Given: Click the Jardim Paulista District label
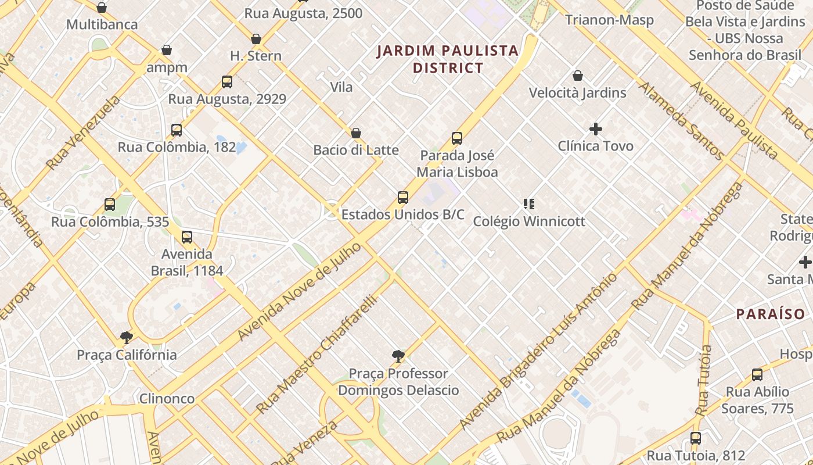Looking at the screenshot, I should (x=447, y=59).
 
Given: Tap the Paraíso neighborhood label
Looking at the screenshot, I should (x=771, y=314).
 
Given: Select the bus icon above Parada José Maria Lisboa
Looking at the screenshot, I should (x=457, y=138).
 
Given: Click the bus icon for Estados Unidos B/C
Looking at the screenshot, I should (x=403, y=198).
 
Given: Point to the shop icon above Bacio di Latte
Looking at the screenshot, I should (x=356, y=133).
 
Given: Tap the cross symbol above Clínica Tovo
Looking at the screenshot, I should (x=596, y=129).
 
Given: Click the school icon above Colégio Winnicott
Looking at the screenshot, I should (x=528, y=204).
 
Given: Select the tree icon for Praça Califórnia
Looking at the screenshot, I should (x=126, y=338).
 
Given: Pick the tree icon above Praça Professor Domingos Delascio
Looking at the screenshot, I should (x=398, y=356).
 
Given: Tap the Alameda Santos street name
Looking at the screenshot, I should (x=681, y=121).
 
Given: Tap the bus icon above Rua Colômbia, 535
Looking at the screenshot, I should (x=110, y=205).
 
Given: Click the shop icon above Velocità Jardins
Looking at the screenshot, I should (x=578, y=76).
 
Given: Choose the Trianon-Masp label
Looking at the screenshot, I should (x=610, y=20).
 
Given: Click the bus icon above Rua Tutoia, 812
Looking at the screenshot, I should (x=696, y=438).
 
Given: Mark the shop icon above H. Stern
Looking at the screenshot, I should (x=256, y=39).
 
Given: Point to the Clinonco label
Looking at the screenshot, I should (x=167, y=399).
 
